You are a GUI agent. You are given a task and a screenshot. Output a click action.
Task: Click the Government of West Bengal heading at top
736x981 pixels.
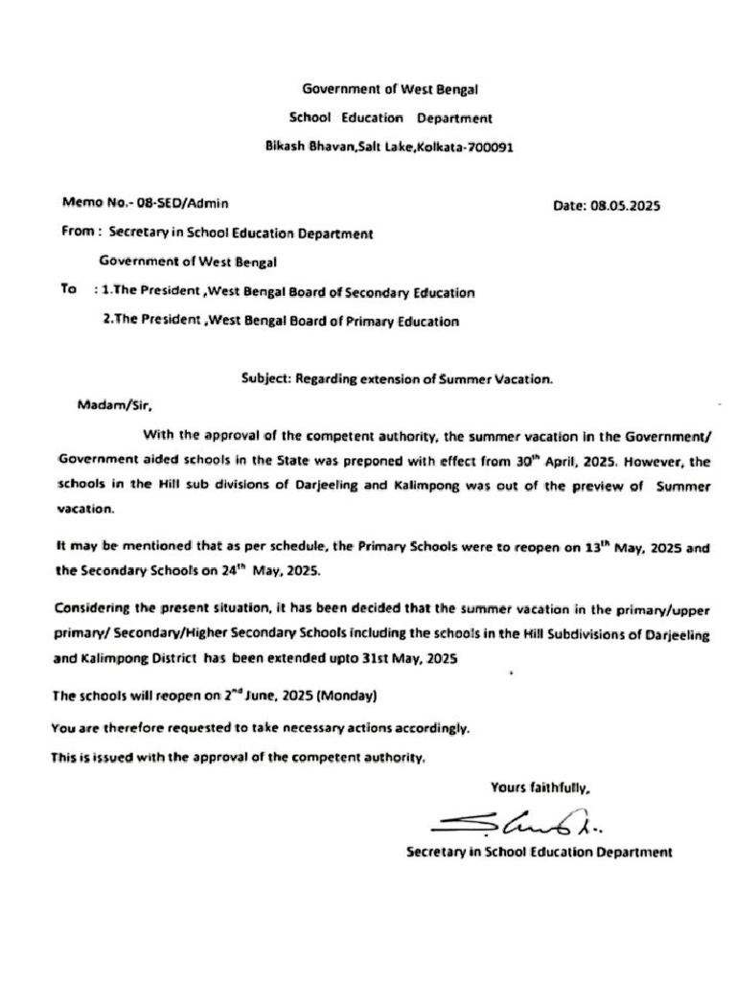[x=390, y=89]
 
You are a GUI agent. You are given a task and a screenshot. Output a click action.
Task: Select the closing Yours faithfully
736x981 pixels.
[x=540, y=788]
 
